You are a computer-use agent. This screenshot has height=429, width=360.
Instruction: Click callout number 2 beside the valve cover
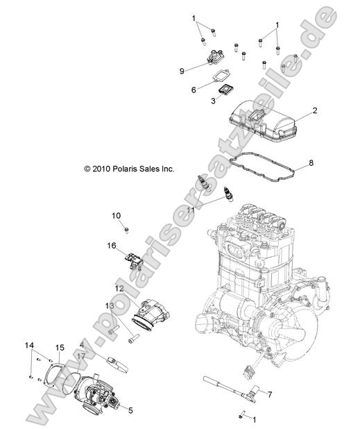tap(314, 110)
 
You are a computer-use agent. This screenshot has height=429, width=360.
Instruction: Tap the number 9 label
tap(181, 70)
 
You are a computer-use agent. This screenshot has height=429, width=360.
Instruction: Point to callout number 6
tap(194, 89)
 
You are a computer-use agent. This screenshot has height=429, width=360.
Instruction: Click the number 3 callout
tap(213, 101)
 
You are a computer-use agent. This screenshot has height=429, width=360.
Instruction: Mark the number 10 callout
tap(116, 215)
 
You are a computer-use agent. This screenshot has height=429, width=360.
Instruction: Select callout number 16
tap(111, 245)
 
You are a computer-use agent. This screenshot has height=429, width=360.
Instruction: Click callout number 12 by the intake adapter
tap(119, 288)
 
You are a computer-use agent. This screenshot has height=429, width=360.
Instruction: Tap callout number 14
tap(29, 346)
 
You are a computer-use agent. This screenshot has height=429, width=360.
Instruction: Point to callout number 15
tap(60, 348)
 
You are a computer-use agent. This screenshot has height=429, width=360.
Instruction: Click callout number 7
tap(270, 394)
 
